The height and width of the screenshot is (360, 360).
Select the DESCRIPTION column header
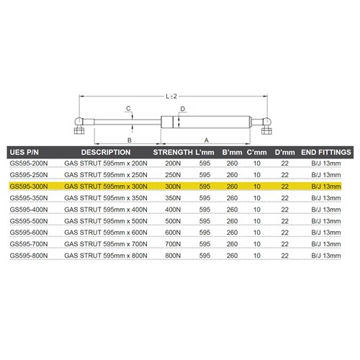(106, 153)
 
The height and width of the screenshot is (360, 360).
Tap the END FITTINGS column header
(325, 153)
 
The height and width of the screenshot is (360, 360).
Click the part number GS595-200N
(29, 164)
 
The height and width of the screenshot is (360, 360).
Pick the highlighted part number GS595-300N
(29, 186)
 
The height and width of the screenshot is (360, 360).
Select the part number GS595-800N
(29, 255)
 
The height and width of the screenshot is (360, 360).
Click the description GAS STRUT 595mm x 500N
(106, 221)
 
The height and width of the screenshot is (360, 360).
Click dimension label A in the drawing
(208, 140)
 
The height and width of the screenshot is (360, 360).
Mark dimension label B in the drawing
(128, 140)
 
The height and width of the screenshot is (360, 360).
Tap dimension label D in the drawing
(183, 109)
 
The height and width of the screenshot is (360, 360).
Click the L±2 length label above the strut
(171, 94)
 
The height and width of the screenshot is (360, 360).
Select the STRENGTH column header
(174, 153)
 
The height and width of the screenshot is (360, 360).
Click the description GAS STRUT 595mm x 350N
(106, 198)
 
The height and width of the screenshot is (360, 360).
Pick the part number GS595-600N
(29, 232)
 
